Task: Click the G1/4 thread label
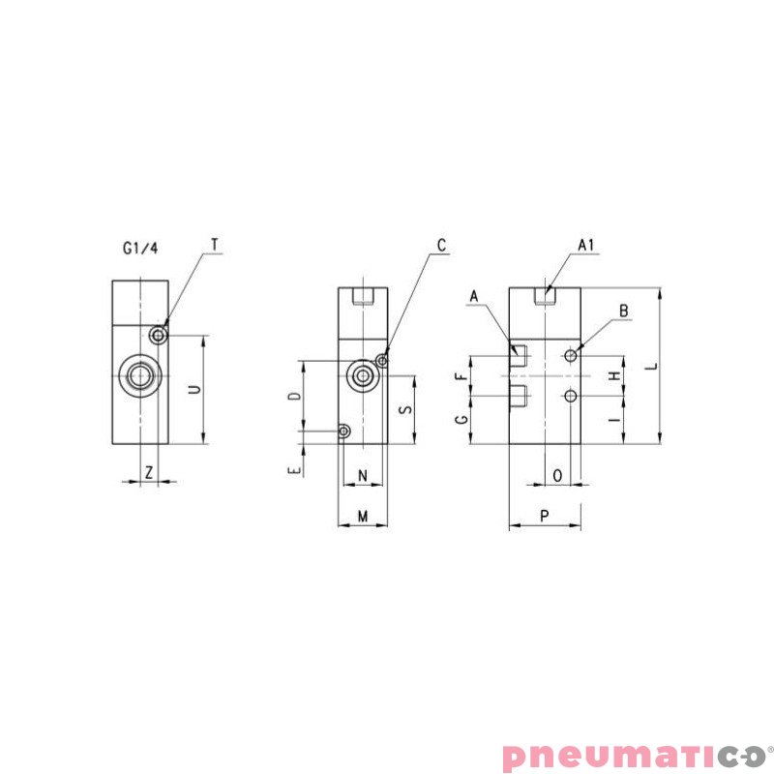coord(140,248)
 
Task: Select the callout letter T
coord(215,245)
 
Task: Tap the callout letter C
coord(441,245)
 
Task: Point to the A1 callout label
coord(586,245)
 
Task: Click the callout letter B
coord(624,311)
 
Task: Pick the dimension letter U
coord(195,389)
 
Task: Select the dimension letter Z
coord(149,473)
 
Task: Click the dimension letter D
coord(295,396)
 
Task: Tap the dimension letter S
coord(405,409)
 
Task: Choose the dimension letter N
coord(363,475)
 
